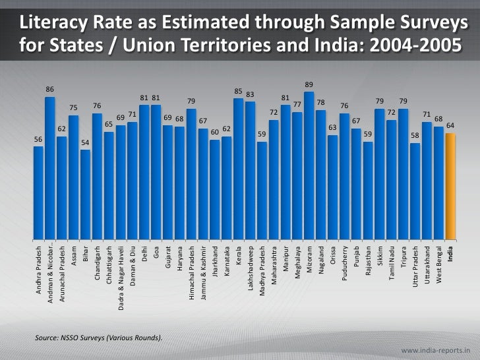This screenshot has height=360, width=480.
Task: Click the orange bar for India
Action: pyautogui.click(x=450, y=185)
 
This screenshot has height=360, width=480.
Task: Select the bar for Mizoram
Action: pyautogui.click(x=309, y=165)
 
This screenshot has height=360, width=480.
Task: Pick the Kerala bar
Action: pyautogui.click(x=238, y=167)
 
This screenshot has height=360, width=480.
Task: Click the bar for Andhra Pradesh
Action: pyautogui.click(x=38, y=191)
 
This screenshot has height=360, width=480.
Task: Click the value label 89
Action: pyautogui.click(x=309, y=84)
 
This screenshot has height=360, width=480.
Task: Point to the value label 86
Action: pyautogui.click(x=50, y=89)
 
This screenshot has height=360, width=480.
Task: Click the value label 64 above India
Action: pyautogui.click(x=450, y=125)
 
